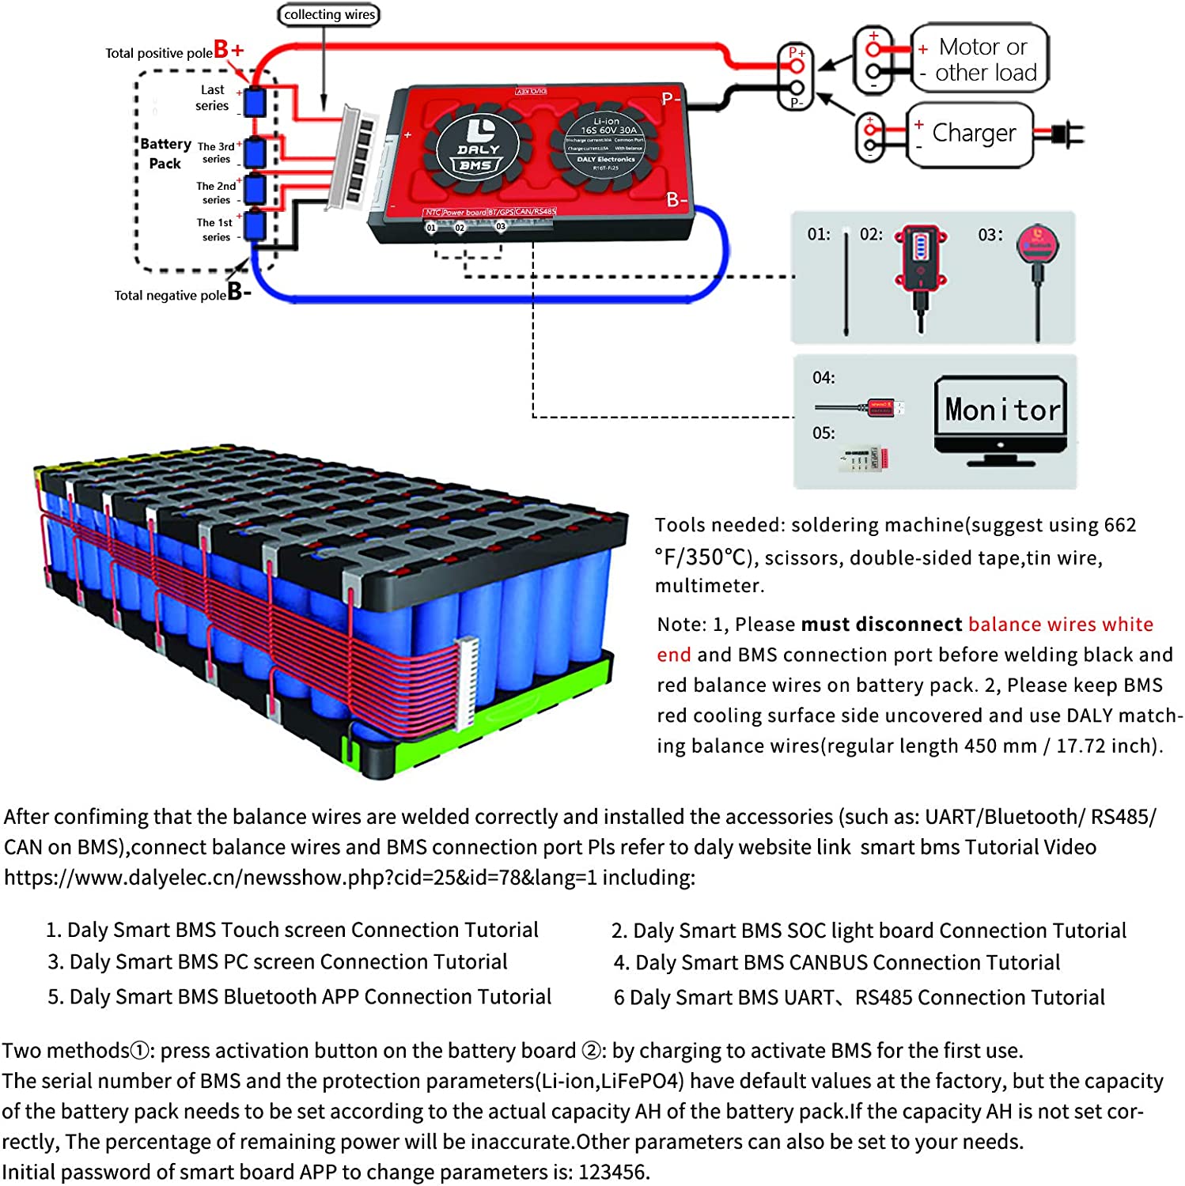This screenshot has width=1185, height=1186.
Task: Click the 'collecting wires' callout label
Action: pyautogui.click(x=329, y=15)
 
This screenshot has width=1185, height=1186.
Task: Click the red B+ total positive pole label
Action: pyautogui.click(x=229, y=50)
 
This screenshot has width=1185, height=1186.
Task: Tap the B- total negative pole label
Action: pyautogui.click(x=239, y=292)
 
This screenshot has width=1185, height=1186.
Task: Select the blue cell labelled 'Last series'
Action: pyautogui.click(x=255, y=103)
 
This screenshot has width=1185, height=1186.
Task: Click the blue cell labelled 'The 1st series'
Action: pyautogui.click(x=255, y=226)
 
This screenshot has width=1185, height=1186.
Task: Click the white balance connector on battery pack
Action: pyautogui.click(x=467, y=685)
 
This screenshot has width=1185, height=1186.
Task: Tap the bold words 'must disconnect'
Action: pyautogui.click(x=881, y=625)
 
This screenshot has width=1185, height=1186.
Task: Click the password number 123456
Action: pyautogui.click(x=612, y=1172)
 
